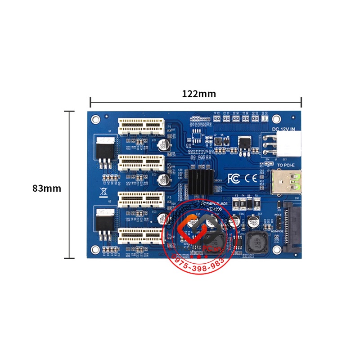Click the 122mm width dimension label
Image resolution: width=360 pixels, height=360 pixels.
point(198,94)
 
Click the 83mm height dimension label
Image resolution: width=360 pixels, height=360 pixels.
point(47,188)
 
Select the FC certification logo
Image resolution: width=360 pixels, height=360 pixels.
point(234,178)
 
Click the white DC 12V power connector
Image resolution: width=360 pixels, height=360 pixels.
point(288,144)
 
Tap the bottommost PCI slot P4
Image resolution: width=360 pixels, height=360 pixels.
point(141,235)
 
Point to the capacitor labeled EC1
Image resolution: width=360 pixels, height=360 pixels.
point(166,144)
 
